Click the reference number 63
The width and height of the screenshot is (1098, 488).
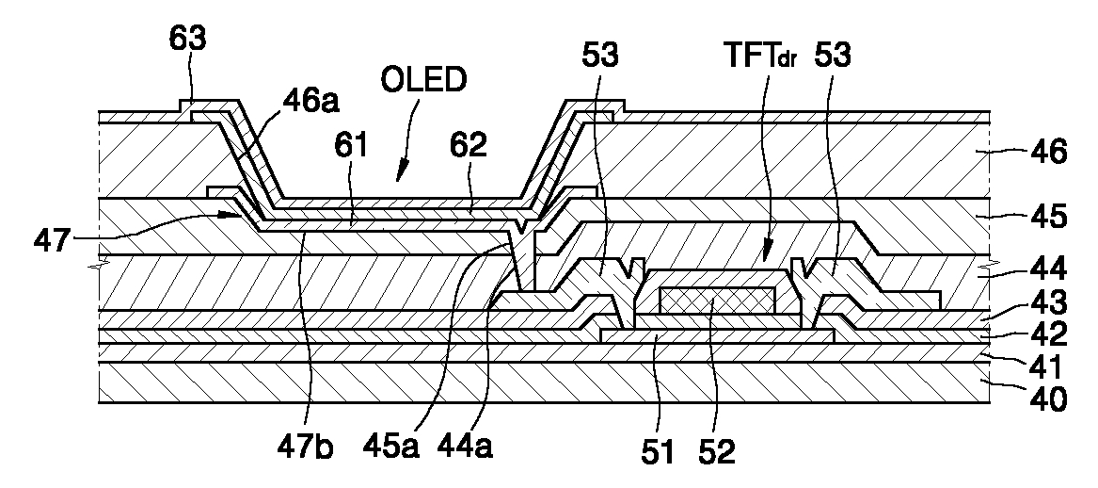pyautogui.click(x=187, y=40)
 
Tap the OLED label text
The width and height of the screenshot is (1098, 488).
pyautogui.click(x=423, y=81)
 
